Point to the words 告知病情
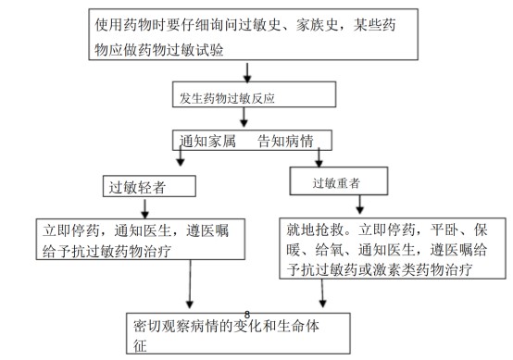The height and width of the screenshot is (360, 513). [x=284, y=142]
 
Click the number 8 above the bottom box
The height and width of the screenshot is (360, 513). [x=247, y=315]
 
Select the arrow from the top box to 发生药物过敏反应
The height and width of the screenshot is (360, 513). [x=247, y=70]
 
